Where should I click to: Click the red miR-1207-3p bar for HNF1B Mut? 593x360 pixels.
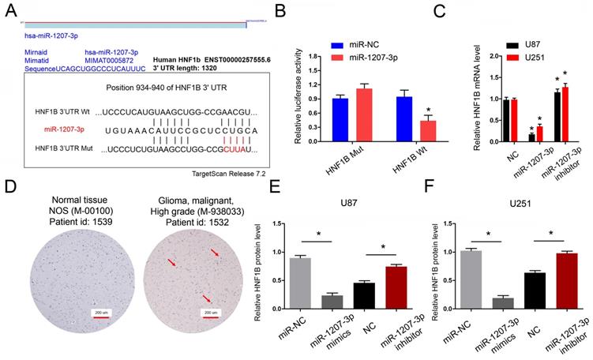coord(363,114)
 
